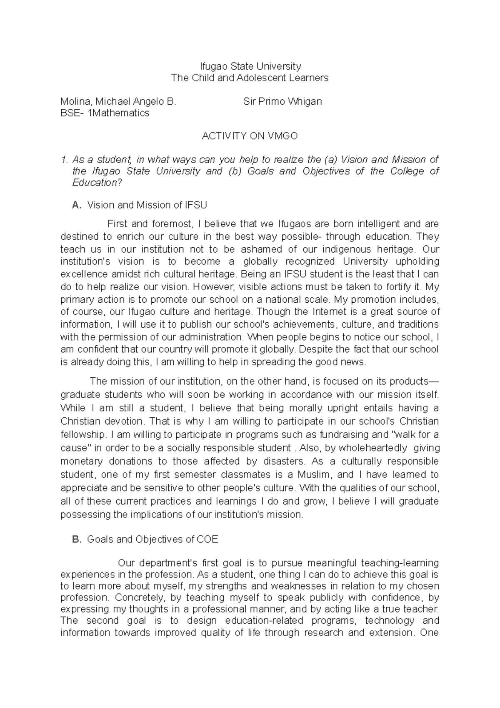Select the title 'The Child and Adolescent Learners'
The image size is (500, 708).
click(250, 78)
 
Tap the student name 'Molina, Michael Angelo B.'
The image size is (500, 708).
click(118, 101)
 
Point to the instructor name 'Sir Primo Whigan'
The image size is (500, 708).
click(282, 101)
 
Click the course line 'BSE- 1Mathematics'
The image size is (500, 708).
click(105, 113)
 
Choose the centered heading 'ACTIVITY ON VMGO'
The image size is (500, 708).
click(250, 136)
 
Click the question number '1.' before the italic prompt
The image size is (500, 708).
click(64, 160)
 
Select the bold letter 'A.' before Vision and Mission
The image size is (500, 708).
click(75, 205)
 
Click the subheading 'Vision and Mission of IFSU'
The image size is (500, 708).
click(147, 205)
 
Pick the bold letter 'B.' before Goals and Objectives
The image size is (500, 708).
click(75, 539)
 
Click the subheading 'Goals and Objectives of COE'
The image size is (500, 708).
click(152, 539)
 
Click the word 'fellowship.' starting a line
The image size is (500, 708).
click(83, 434)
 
